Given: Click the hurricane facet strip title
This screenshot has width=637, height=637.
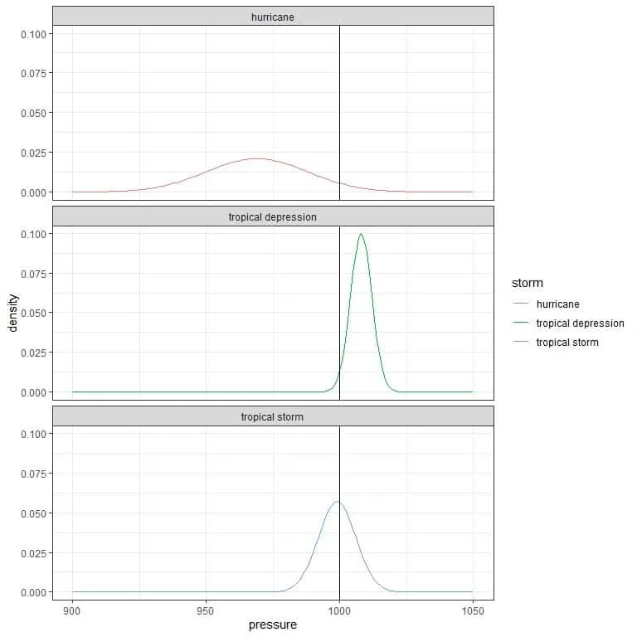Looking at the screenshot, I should (x=273, y=17).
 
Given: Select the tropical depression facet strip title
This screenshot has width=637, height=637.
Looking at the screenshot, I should (x=273, y=216).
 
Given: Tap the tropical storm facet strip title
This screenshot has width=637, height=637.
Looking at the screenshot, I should (x=273, y=416).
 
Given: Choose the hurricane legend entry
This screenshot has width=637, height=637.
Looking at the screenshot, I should (x=557, y=304).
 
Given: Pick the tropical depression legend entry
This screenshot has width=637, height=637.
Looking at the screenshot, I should (x=580, y=323).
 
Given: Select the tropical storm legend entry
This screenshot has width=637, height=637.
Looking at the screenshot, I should (x=567, y=342).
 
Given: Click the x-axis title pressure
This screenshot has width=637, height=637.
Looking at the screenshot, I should (x=273, y=625).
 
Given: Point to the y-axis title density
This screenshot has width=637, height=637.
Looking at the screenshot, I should (x=12, y=312).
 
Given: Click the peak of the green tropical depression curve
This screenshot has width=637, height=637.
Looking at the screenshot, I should (x=361, y=234).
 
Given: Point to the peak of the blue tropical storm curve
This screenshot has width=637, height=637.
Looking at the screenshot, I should (x=338, y=502).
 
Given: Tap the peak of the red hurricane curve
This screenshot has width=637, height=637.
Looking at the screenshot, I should (x=257, y=158).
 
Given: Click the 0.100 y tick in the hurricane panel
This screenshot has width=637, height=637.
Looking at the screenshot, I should (x=32, y=33).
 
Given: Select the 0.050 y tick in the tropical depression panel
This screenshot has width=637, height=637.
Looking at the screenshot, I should (x=32, y=313).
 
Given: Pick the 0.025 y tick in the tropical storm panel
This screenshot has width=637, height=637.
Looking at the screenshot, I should (x=32, y=552).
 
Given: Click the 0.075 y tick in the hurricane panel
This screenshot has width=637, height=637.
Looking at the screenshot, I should (x=32, y=73).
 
